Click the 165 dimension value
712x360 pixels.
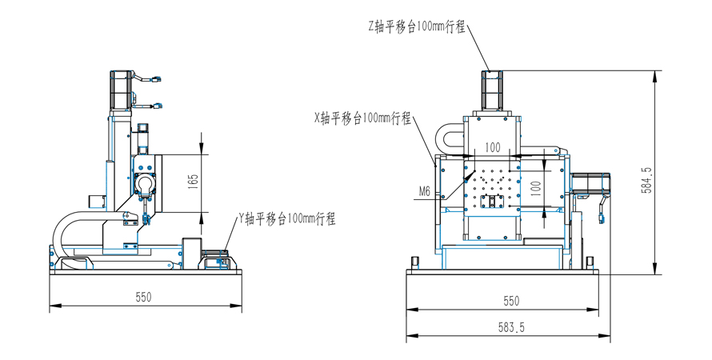point(193,182)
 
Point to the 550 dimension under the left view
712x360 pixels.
point(143,297)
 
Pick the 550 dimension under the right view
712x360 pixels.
point(510,301)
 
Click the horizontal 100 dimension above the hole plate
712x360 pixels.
point(492,147)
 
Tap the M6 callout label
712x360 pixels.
point(425,191)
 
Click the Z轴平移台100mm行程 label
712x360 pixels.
point(416,26)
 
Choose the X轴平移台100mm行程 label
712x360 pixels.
point(362,118)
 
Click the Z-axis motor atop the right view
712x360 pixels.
point(490,90)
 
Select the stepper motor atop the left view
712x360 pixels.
point(119,89)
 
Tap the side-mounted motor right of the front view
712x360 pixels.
point(591,185)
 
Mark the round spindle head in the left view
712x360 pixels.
point(145,184)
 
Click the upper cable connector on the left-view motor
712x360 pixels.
point(156,79)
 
